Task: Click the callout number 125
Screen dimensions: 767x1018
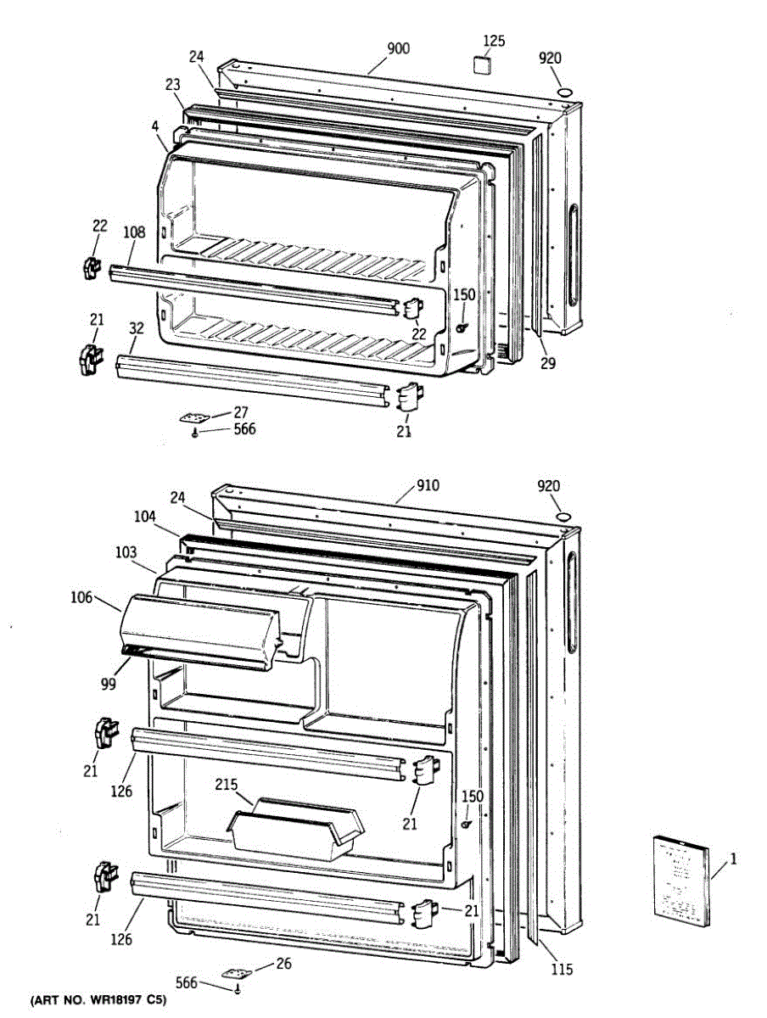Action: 494,41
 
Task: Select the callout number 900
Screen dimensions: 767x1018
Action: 398,48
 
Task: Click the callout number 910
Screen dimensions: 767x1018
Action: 428,486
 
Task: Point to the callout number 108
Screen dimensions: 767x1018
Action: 134,232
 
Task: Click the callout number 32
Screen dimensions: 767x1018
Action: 136,328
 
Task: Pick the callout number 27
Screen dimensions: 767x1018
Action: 241,411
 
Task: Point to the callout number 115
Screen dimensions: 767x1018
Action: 561,970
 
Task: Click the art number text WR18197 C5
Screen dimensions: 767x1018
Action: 99,1002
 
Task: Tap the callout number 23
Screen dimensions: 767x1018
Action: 173,85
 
